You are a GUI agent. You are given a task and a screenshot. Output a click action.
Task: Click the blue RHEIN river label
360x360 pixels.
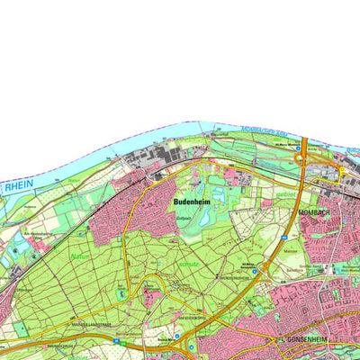(18, 186)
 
